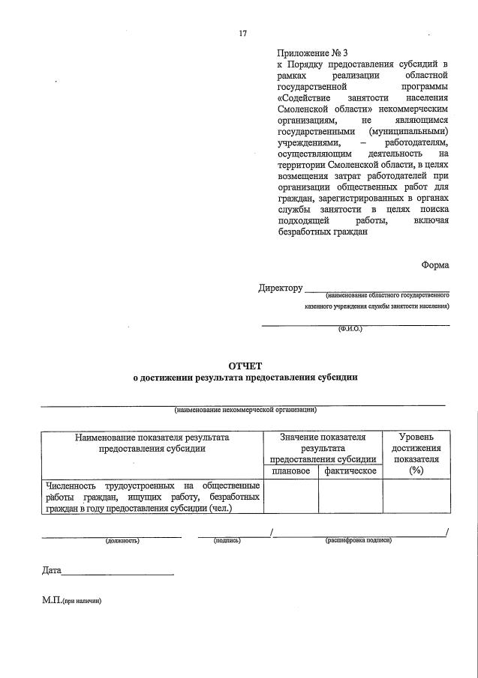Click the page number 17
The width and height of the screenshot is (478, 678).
(242, 33)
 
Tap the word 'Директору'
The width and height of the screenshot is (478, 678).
(280, 288)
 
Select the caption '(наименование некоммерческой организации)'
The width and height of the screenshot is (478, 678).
(245, 410)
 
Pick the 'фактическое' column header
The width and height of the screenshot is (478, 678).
(350, 471)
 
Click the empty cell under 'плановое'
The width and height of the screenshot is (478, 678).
(290, 497)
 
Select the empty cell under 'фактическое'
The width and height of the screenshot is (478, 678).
(350, 497)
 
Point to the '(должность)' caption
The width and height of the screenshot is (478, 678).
(122, 539)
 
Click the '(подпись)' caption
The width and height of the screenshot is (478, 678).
(227, 539)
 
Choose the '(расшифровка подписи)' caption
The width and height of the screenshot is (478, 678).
(358, 539)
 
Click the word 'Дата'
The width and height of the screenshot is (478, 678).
(52, 571)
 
